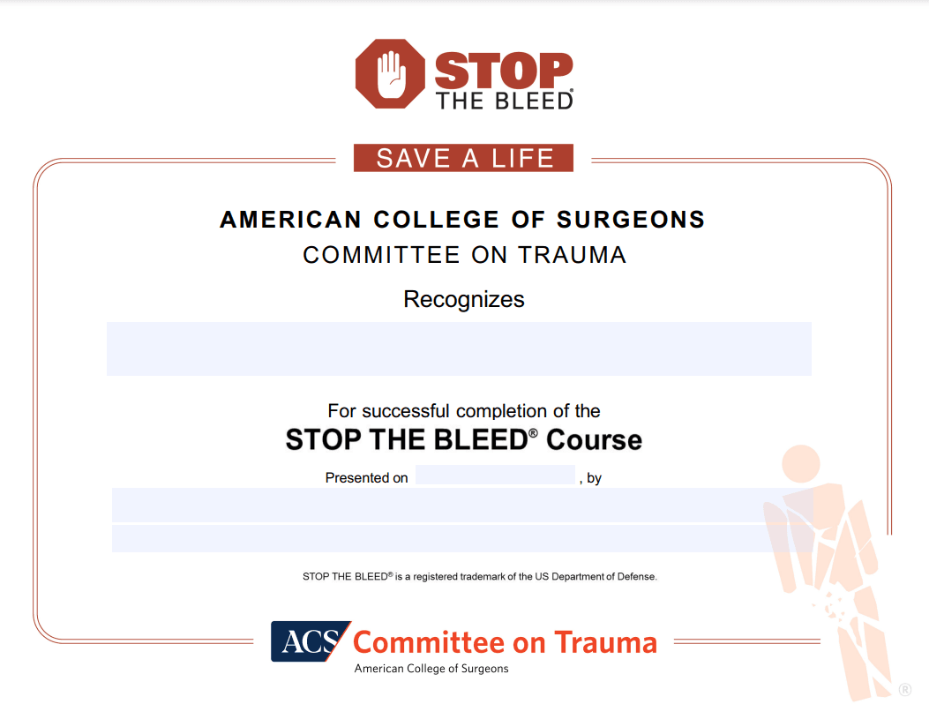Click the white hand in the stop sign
tap(391, 75)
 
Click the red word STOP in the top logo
tap(504, 71)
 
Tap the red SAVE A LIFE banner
tap(463, 158)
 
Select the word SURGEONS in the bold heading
tap(631, 220)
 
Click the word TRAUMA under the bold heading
tap(573, 255)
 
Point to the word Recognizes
tap(464, 300)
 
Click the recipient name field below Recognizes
tap(459, 348)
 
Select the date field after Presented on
tap(495, 475)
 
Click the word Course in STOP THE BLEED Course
tap(594, 440)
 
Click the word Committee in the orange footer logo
tap(429, 643)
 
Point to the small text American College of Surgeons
tap(431, 669)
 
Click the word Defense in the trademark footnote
tap(636, 577)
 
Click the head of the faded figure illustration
tap(801, 464)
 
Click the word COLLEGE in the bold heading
tap(436, 220)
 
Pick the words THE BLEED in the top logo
tap(504, 101)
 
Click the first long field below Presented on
tap(462, 506)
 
